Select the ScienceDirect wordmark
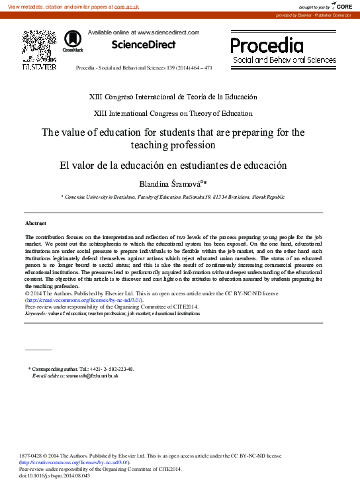[144, 45]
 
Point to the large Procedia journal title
[267, 45]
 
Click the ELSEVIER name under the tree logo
[39, 67]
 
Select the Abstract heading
[36, 224]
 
